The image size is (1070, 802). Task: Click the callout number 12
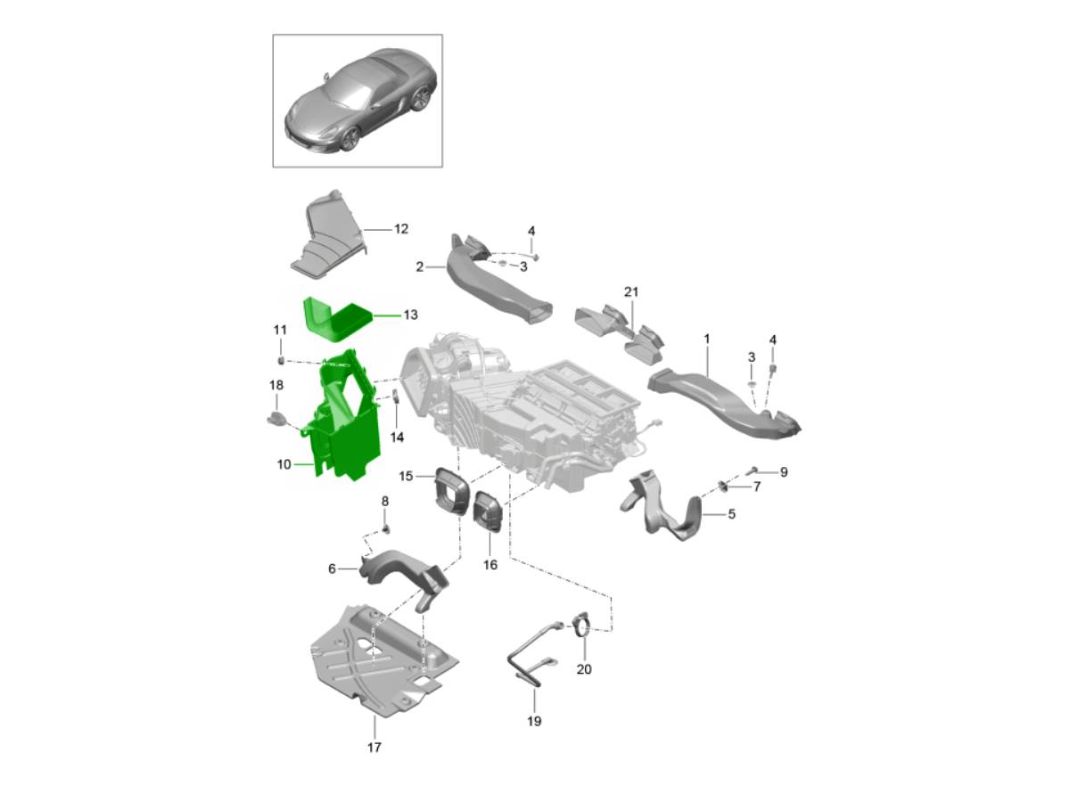click(x=400, y=229)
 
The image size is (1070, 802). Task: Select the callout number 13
click(x=409, y=315)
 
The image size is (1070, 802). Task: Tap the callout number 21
click(x=631, y=292)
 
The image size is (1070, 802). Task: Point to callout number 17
click(x=374, y=747)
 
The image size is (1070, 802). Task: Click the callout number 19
click(x=534, y=721)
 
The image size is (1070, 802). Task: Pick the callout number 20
click(x=584, y=669)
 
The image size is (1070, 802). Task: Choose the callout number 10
click(x=284, y=464)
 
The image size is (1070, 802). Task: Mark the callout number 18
click(x=276, y=385)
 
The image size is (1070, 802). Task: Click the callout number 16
click(x=490, y=564)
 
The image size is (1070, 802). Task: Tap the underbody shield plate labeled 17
click(x=374, y=659)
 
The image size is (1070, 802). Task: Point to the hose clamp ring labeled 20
click(x=581, y=626)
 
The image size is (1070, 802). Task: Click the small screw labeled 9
click(x=753, y=470)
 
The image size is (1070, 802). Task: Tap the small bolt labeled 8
click(x=387, y=528)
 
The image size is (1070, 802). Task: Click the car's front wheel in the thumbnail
click(x=350, y=138)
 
